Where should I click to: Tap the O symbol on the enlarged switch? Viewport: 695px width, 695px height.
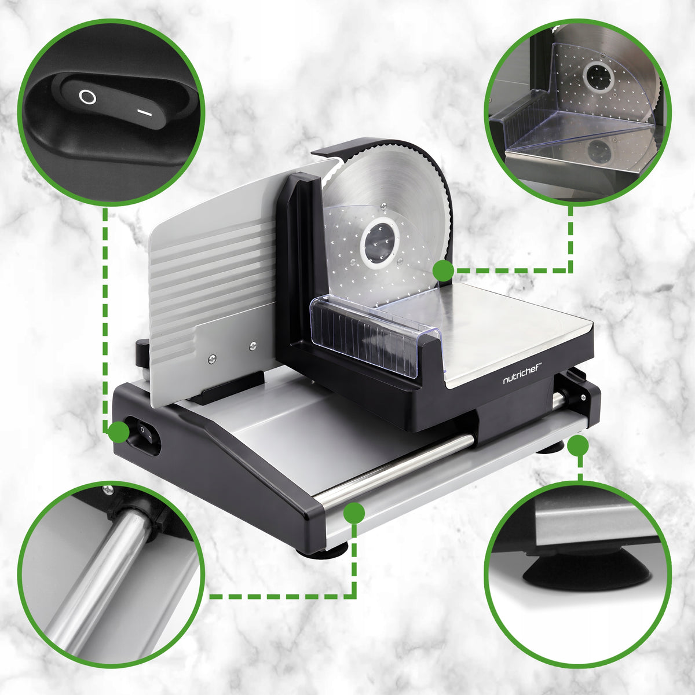(x=87, y=97)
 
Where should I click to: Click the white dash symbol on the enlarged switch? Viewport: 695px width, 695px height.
(x=145, y=114)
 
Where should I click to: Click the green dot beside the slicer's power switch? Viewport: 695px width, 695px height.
(x=119, y=431)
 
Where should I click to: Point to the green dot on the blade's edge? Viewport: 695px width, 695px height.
(x=443, y=270)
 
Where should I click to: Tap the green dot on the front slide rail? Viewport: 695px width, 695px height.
(x=354, y=513)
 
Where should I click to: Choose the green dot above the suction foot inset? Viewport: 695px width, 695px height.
(x=578, y=445)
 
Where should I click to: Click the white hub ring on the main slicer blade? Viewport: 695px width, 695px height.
(x=379, y=244)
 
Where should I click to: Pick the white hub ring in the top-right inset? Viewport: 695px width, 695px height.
(x=599, y=77)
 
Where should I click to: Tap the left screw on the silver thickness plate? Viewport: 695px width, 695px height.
(x=212, y=358)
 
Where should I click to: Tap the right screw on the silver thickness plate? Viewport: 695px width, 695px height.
(x=253, y=346)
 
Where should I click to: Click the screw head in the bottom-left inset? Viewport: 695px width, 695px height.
(x=108, y=489)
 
